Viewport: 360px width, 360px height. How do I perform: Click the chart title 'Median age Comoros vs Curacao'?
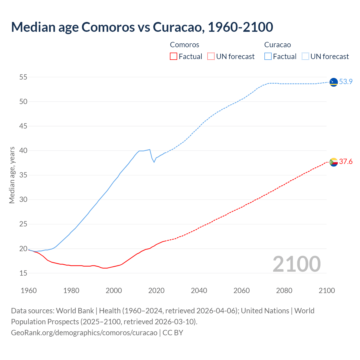tap(142, 27)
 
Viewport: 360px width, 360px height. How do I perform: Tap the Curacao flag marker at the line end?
tap(334, 82)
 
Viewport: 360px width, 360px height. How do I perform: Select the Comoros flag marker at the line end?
tap(334, 162)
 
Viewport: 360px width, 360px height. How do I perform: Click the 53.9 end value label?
tap(346, 82)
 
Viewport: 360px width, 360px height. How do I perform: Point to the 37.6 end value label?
tap(346, 161)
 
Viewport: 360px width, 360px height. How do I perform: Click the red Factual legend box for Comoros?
tap(174, 56)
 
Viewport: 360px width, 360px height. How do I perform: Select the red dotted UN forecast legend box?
tap(211, 56)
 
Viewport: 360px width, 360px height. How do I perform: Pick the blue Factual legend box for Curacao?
tap(268, 56)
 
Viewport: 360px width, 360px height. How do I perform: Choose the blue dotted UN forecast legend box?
tap(305, 56)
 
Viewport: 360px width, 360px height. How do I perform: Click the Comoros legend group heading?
tap(184, 45)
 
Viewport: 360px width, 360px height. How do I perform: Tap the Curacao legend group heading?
tap(277, 45)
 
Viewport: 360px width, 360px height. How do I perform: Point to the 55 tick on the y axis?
tap(23, 77)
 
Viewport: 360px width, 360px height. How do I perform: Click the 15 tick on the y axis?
tap(23, 273)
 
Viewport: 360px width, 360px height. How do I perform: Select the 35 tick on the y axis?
tap(23, 175)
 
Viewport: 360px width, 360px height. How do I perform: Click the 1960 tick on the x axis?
tap(29, 291)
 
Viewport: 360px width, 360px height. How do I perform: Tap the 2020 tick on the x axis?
tap(156, 291)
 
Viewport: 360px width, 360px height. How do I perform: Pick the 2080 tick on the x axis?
tap(284, 291)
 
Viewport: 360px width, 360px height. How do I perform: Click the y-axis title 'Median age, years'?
tap(12, 175)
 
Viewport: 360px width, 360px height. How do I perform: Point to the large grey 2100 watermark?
tap(296, 264)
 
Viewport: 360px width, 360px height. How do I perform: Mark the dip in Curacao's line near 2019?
tap(154, 162)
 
